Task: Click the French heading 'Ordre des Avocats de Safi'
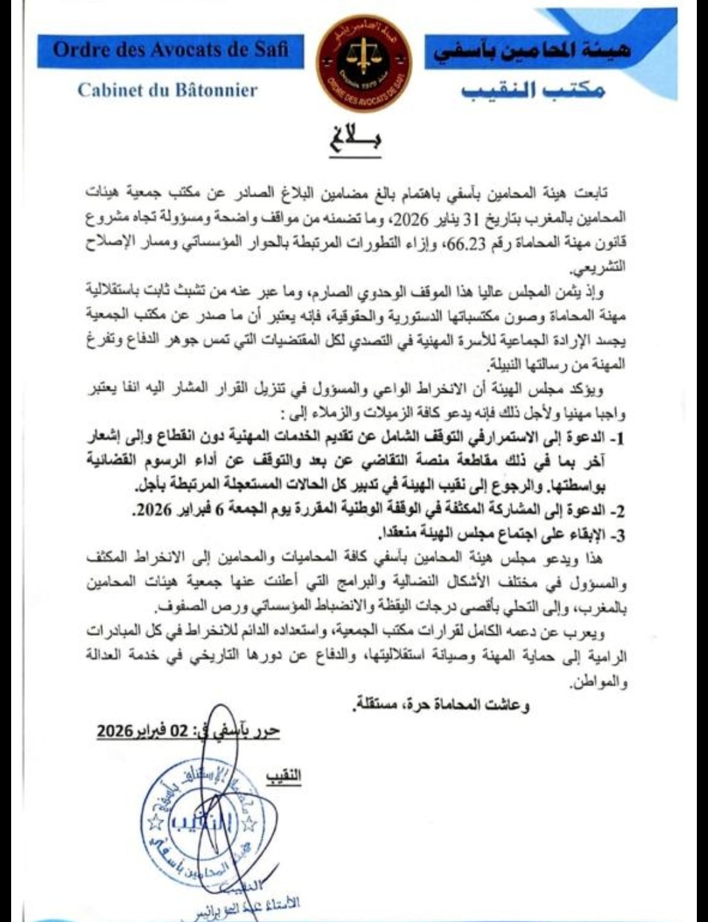pos(170,50)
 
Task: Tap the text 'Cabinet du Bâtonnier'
pos(167,90)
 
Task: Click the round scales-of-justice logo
pos(364,64)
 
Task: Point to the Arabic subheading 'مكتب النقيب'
pos(533,90)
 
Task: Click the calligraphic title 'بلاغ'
pos(355,139)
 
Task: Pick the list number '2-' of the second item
pos(618,511)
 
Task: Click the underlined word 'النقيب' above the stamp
pos(283,777)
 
